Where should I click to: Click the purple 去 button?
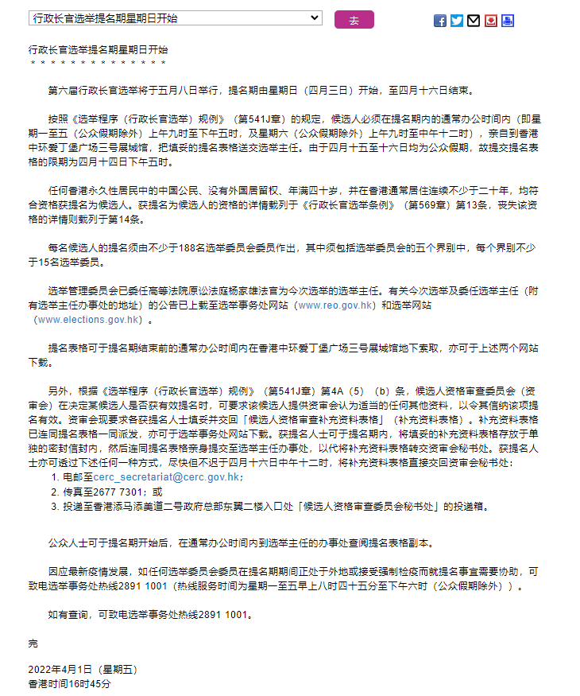(x=354, y=20)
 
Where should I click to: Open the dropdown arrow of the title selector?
(x=315, y=17)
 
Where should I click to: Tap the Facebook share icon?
(x=439, y=21)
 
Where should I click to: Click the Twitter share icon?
(x=457, y=21)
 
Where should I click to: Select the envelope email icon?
(x=474, y=21)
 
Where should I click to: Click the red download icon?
(x=491, y=21)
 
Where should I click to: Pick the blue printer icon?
(x=508, y=21)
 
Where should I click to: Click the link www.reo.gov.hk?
(x=334, y=305)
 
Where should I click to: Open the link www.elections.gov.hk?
(x=89, y=320)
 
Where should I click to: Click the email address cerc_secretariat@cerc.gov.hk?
(x=167, y=477)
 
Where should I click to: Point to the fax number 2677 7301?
(x=114, y=492)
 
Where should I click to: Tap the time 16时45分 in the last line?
(x=95, y=683)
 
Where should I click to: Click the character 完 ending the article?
(x=33, y=643)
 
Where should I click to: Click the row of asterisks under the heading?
(x=98, y=63)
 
